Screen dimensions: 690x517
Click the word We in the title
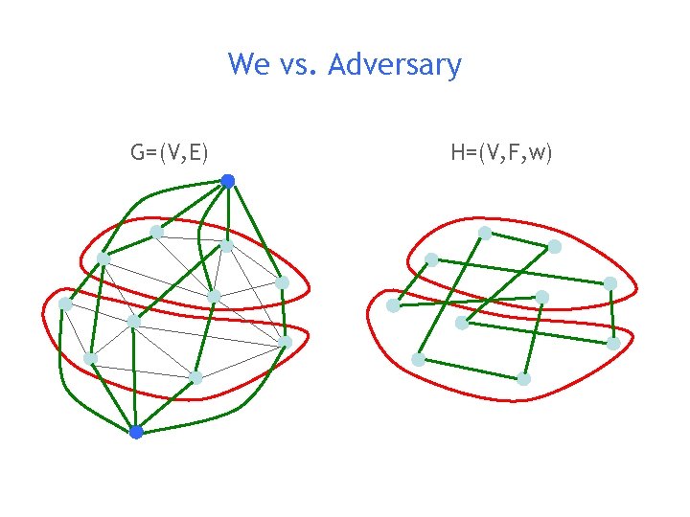[249, 65]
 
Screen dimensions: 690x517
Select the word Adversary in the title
[395, 66]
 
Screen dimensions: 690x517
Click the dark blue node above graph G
[227, 180]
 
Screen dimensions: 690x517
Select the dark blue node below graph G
[136, 432]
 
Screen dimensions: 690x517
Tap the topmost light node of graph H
[485, 233]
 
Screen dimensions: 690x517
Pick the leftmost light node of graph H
[393, 305]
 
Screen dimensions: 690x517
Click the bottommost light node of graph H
[523, 379]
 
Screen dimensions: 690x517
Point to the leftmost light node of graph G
[65, 303]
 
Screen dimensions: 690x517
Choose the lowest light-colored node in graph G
[195, 378]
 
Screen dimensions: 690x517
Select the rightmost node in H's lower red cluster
[613, 343]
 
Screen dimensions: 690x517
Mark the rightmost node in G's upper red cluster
[282, 282]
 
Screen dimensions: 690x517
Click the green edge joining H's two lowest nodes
[471, 369]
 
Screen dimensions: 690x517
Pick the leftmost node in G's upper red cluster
[103, 258]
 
